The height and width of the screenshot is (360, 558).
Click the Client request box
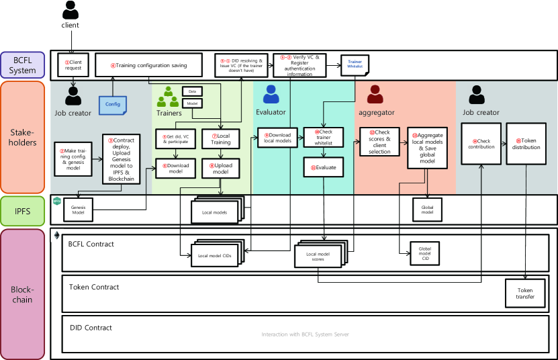click(x=73, y=64)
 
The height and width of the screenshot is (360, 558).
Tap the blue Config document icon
click(x=112, y=104)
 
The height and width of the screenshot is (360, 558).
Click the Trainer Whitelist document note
click(x=355, y=64)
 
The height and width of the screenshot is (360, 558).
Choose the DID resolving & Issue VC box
click(x=242, y=64)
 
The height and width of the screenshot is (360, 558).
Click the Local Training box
click(x=221, y=139)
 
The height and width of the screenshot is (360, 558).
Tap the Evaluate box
click(x=324, y=167)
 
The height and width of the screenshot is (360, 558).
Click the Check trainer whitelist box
click(x=324, y=137)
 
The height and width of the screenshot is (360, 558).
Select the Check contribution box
click(x=481, y=144)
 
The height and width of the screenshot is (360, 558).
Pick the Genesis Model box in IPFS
click(x=79, y=210)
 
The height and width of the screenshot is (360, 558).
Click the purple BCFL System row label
click(x=23, y=66)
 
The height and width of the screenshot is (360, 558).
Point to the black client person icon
click(x=70, y=10)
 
